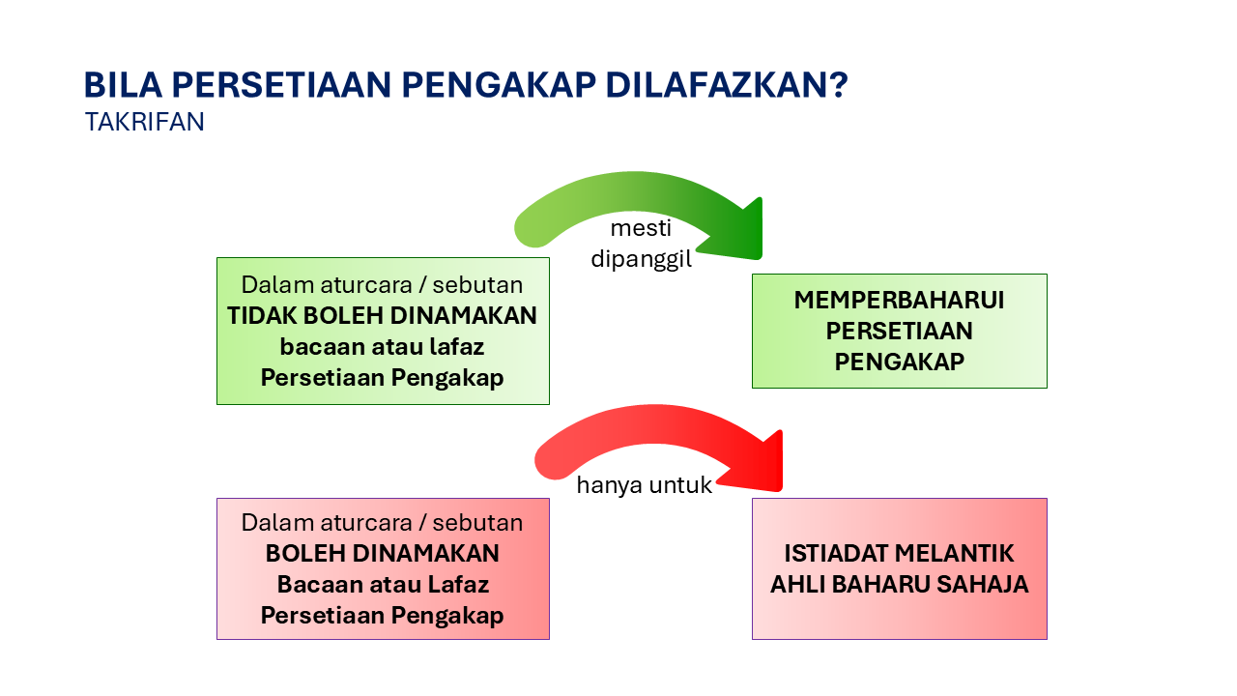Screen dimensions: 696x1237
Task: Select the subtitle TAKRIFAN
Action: [x=144, y=123]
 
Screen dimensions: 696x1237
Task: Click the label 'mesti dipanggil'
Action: [x=641, y=245]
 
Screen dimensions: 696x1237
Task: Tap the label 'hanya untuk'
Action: [x=644, y=485]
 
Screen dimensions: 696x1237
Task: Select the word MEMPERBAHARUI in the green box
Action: [x=899, y=300]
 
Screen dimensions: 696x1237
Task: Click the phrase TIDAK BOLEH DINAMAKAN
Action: [x=383, y=315]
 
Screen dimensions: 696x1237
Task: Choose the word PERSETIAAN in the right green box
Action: [x=899, y=331]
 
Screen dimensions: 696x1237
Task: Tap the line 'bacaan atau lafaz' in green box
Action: [x=383, y=346]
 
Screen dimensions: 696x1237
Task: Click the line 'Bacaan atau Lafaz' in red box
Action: [x=383, y=585]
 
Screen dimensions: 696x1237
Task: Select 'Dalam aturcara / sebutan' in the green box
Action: [x=383, y=285]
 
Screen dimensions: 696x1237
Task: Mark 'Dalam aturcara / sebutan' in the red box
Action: [x=383, y=523]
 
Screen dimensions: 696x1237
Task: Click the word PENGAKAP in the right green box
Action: [x=899, y=362]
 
